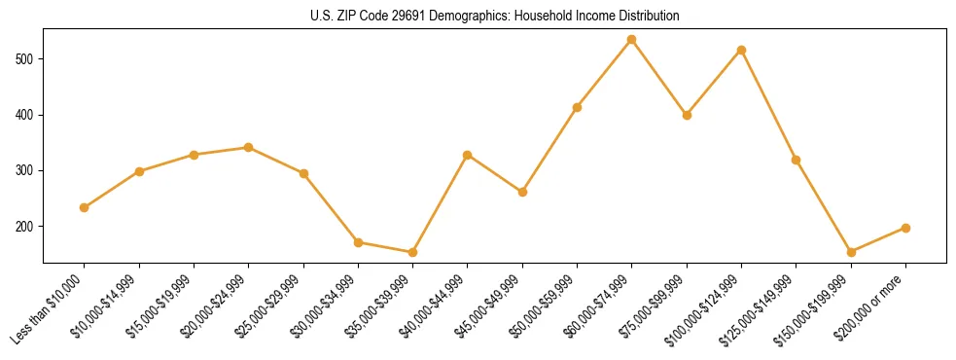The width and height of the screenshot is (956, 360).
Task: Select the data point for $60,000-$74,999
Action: pyautogui.click(x=632, y=40)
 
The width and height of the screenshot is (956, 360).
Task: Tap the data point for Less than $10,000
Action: pyautogui.click(x=85, y=207)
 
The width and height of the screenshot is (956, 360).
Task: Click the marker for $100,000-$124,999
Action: pyautogui.click(x=742, y=50)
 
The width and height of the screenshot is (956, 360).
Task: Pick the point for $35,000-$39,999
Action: pyautogui.click(x=413, y=252)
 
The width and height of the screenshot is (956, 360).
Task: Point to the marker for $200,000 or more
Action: pyautogui.click(x=906, y=228)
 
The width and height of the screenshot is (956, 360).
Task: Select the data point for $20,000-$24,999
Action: pyautogui.click(x=249, y=147)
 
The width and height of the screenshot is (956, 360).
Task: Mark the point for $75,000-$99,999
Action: pyautogui.click(x=687, y=115)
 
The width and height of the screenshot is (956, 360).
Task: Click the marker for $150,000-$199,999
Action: pyautogui.click(x=851, y=252)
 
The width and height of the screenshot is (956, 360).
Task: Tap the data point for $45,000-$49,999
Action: pyautogui.click(x=522, y=192)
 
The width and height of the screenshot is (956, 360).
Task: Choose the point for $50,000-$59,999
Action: pyautogui.click(x=578, y=107)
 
